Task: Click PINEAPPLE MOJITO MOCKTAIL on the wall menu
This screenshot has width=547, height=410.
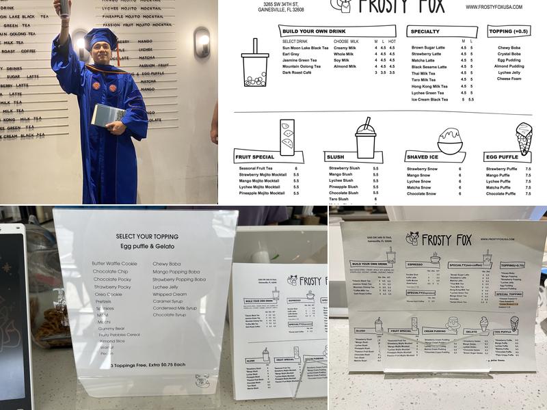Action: coord(133,15)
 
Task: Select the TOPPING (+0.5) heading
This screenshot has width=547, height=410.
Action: coord(509,31)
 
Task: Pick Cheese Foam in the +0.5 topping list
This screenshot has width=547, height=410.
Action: coord(509,79)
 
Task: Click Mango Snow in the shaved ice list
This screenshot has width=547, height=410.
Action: coord(418,176)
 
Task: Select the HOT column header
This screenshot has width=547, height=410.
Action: coord(392,41)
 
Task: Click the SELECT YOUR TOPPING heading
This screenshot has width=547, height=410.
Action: coord(145,236)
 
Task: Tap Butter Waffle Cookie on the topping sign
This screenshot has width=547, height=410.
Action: coord(115,263)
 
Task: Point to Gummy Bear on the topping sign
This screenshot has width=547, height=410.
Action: coord(111,329)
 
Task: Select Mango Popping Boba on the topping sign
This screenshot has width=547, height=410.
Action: coord(178,271)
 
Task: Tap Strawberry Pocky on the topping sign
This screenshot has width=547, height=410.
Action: coord(111,287)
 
